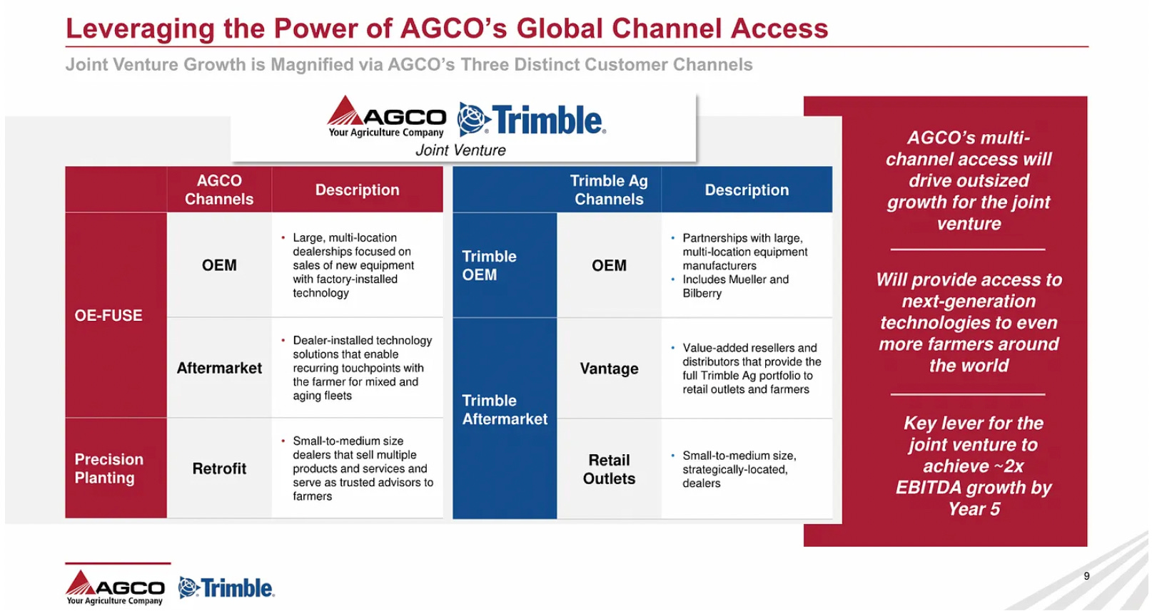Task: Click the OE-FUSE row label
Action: pyautogui.click(x=108, y=315)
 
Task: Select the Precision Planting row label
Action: pyautogui.click(x=109, y=468)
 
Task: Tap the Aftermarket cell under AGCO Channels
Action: pyautogui.click(x=219, y=368)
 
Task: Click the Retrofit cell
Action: pyautogui.click(x=219, y=468)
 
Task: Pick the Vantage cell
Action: pyautogui.click(x=609, y=369)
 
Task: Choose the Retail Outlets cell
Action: pyautogui.click(x=609, y=469)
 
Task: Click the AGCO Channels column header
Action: pyautogui.click(x=219, y=190)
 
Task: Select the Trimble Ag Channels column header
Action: pyautogui.click(x=609, y=190)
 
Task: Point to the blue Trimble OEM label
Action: pyautogui.click(x=489, y=265)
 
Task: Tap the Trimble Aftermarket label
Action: pyautogui.click(x=505, y=410)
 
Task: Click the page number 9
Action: pyautogui.click(x=1086, y=576)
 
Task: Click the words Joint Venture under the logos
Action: pyautogui.click(x=460, y=150)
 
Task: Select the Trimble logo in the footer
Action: pyautogui.click(x=226, y=588)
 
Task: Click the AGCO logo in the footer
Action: pyautogui.click(x=116, y=587)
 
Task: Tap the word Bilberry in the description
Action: pyautogui.click(x=702, y=293)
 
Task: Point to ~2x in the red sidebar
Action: pyautogui.click(x=1009, y=466)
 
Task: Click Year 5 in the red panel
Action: pyautogui.click(x=974, y=509)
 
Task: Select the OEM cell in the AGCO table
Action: pyautogui.click(x=219, y=265)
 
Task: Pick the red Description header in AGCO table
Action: pyautogui.click(x=357, y=190)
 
